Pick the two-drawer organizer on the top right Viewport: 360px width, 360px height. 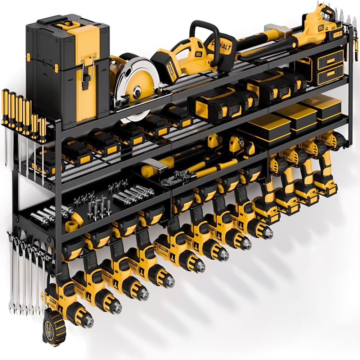click(329, 67)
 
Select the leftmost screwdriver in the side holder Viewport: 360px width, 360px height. click(5, 101)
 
